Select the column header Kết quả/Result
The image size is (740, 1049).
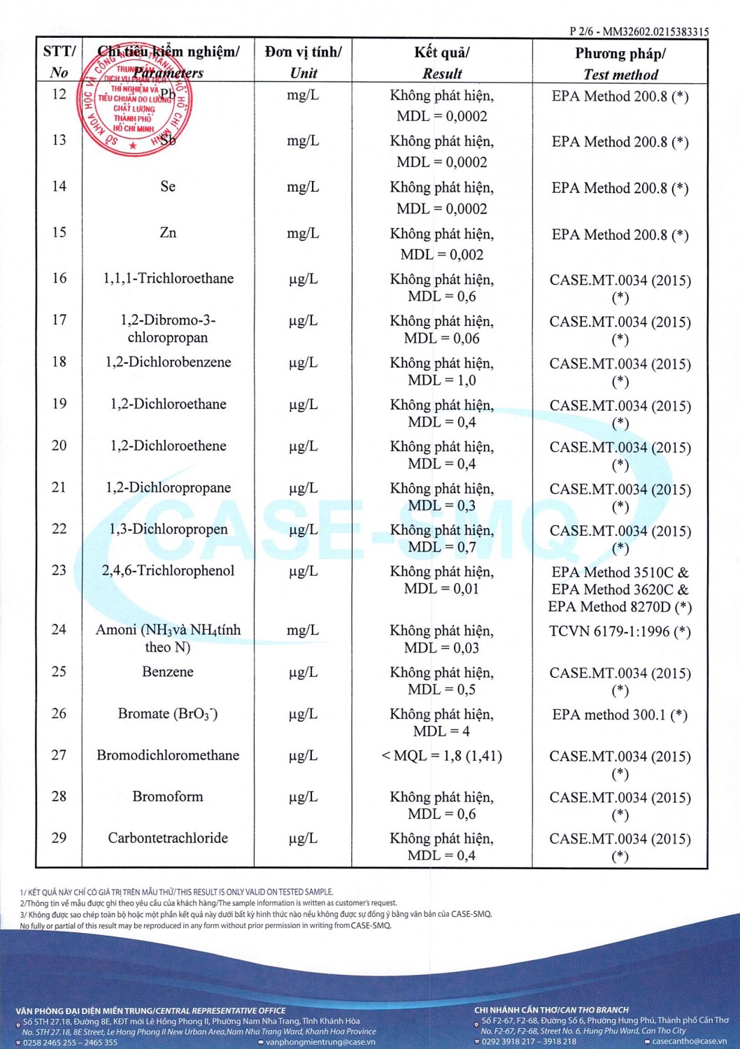pyautogui.click(x=442, y=62)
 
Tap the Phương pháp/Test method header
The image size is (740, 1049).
pyautogui.click(x=620, y=63)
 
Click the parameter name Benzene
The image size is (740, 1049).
pyautogui.click(x=168, y=672)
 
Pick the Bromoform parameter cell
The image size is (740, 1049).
pyautogui.click(x=168, y=797)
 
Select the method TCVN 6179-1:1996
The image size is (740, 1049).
pyautogui.click(x=620, y=631)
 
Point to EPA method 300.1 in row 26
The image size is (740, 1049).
pyautogui.click(x=620, y=715)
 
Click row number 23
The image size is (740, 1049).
pyautogui.click(x=59, y=571)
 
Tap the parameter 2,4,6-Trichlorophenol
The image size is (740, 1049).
pyautogui.click(x=168, y=571)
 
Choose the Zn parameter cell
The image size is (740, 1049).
pyautogui.click(x=168, y=233)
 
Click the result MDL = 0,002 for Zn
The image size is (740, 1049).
pyautogui.click(x=442, y=255)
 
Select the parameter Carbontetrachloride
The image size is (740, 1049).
pyautogui.click(x=168, y=838)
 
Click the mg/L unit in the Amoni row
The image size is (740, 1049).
pyautogui.click(x=303, y=631)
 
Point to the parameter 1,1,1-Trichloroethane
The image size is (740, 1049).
pyautogui.click(x=168, y=278)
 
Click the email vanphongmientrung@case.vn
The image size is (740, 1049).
pyautogui.click(x=320, y=1042)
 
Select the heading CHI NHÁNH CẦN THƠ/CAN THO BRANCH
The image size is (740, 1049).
pyautogui.click(x=551, y=1010)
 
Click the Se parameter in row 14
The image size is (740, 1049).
pyautogui.click(x=168, y=187)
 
